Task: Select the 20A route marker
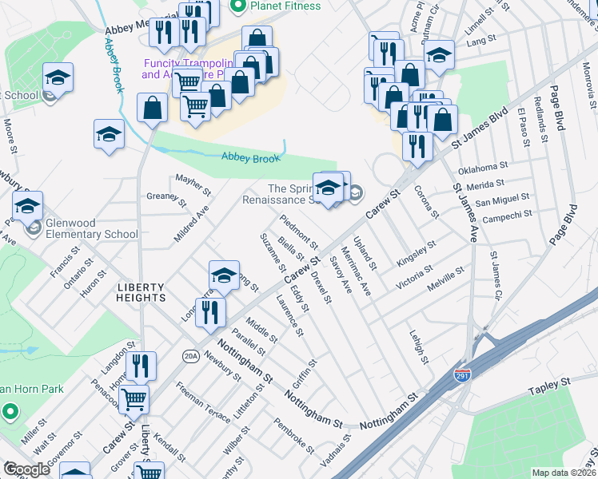(190, 355)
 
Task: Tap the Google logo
(26, 469)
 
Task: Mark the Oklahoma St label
(483, 168)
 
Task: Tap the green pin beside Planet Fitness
(237, 6)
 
